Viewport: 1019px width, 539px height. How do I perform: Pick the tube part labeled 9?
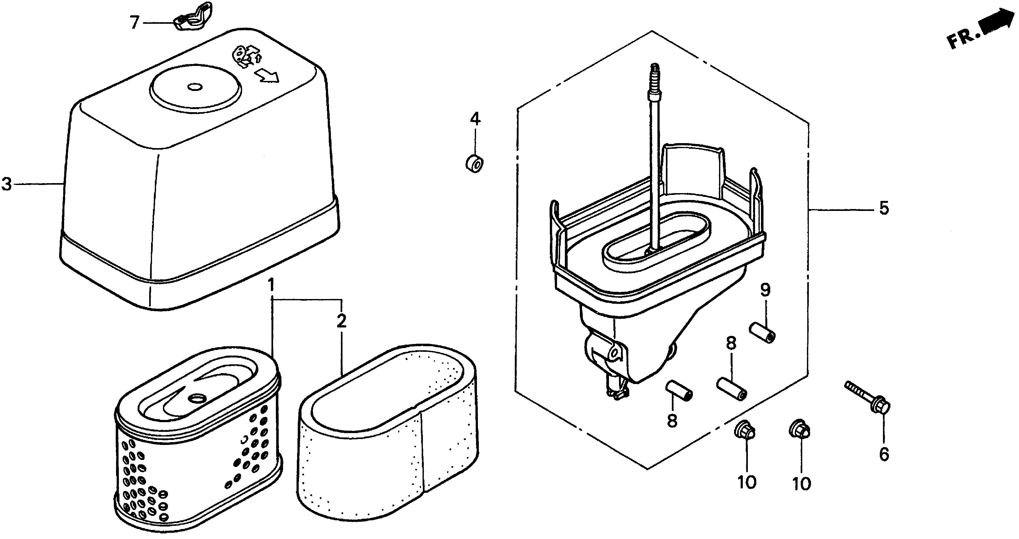click(x=762, y=333)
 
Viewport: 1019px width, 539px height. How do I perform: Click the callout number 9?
click(x=765, y=291)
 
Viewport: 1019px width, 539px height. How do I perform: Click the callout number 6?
click(x=884, y=454)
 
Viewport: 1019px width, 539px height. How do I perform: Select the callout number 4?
click(x=475, y=118)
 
